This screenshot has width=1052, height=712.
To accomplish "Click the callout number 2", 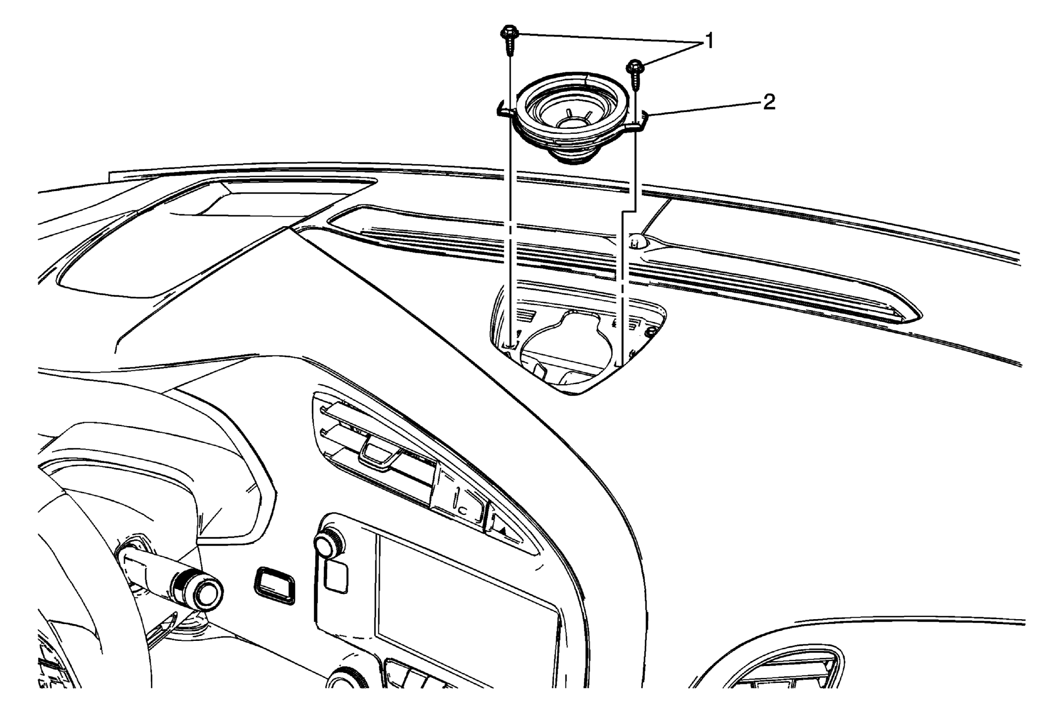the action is [x=769, y=102].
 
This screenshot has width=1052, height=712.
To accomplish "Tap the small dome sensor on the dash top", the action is [x=638, y=242].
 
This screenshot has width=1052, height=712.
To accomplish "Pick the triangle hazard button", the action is [x=502, y=531].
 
